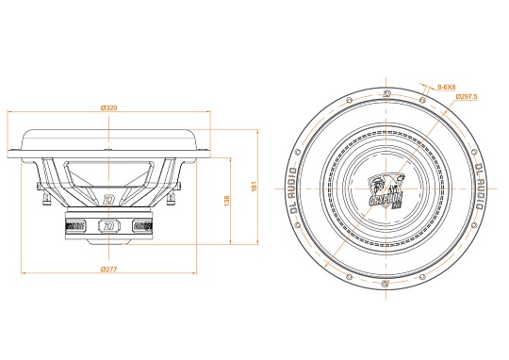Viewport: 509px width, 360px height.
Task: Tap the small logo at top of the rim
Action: click(x=387, y=93)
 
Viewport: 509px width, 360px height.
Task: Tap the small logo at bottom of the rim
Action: click(x=386, y=282)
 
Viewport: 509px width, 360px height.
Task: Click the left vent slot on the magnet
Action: click(x=76, y=226)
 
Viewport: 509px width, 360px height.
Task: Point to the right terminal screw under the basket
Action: click(x=173, y=200)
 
